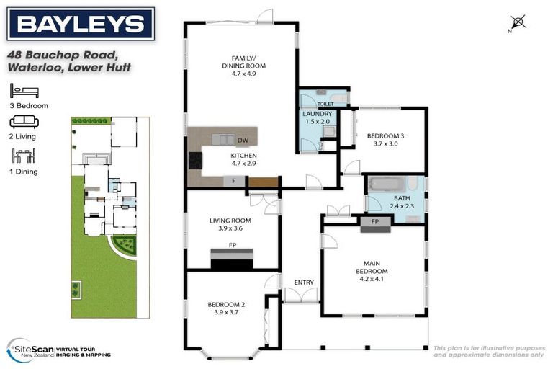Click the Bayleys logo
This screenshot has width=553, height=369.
click(x=81, y=24)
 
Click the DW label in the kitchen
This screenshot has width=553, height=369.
click(x=243, y=140)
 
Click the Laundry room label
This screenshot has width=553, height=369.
click(x=318, y=117)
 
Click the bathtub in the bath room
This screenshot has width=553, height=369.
click(x=387, y=185)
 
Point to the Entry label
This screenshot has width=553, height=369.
click(x=295, y=282)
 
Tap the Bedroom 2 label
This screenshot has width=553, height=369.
click(x=226, y=308)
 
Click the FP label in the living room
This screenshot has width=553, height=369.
click(x=233, y=245)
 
